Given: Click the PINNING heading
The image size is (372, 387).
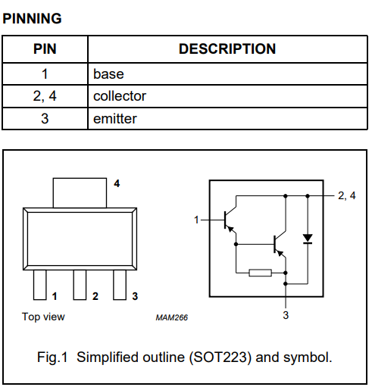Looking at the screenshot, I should (33, 18).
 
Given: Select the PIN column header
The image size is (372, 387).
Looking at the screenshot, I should (45, 49).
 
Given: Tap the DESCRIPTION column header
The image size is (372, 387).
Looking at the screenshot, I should (227, 49).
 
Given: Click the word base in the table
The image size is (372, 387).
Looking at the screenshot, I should (108, 74).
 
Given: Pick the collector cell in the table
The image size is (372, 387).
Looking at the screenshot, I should (120, 96).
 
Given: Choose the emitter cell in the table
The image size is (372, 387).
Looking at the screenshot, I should (115, 119).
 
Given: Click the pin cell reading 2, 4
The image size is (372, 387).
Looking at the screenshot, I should (45, 96).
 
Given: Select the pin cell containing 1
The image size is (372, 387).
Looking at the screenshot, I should (45, 74).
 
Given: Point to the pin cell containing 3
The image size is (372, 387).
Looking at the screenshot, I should (45, 119).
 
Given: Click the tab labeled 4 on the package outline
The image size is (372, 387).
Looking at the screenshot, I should (79, 192).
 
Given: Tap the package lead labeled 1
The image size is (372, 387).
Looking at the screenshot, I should (39, 286).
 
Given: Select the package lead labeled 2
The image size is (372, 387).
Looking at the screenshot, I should (80, 286).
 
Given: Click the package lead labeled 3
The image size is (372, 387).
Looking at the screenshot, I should (119, 286).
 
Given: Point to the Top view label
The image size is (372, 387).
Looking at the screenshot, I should (43, 317).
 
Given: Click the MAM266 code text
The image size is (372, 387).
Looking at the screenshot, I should (171, 317).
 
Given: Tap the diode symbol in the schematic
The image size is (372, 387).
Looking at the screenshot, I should (307, 239).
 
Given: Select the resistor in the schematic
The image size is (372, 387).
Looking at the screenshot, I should (260, 272).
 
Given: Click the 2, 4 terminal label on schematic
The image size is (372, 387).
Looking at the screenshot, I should (347, 196).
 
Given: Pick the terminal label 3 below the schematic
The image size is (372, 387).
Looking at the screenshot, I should (286, 315).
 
